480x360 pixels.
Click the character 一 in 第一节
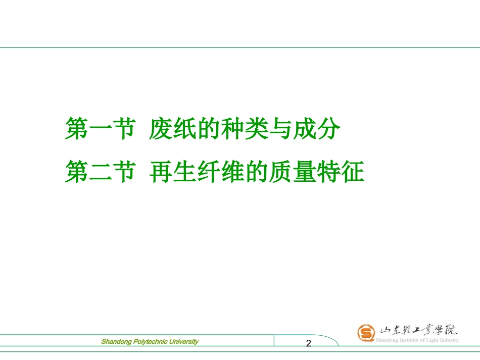pos(99,129)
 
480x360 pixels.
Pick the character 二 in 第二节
pos(99,172)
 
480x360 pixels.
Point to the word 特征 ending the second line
pos(343,172)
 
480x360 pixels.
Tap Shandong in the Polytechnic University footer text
pos(116,342)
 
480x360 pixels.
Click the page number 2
pos(309,344)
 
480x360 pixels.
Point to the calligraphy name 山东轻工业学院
pos(418,331)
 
